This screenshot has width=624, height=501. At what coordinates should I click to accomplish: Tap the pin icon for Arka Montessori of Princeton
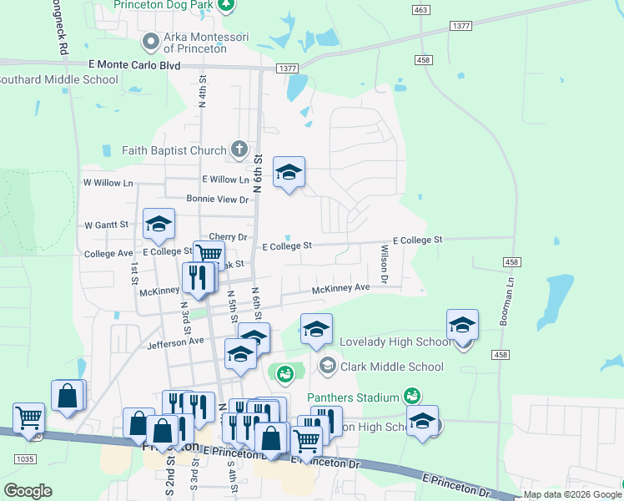tap(151, 40)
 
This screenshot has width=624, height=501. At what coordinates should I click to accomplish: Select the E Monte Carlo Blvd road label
tap(134, 64)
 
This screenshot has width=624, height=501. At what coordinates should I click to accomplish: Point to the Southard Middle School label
tap(58, 80)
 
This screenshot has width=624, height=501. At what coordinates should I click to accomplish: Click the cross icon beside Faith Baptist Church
tap(239, 150)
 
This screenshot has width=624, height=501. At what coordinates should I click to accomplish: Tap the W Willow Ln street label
tap(108, 182)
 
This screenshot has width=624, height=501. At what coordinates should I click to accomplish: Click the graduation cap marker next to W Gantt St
tap(159, 224)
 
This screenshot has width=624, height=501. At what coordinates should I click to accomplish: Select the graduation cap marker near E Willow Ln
tap(289, 173)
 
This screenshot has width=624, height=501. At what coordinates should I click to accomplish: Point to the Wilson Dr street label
tap(385, 264)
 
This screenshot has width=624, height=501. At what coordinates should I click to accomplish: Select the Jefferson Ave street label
tap(175, 342)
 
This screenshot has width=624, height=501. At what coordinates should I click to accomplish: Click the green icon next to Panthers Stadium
tap(410, 395)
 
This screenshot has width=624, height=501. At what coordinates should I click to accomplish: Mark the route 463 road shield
tap(420, 8)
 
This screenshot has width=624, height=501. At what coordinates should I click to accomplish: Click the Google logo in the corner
tap(28, 491)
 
